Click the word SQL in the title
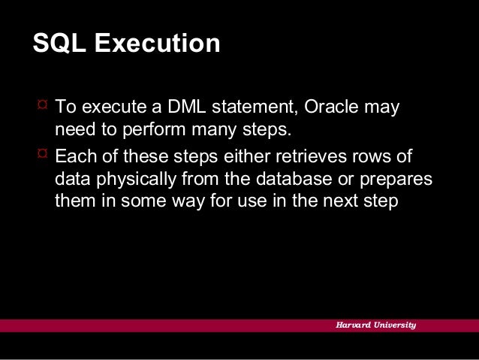pyautogui.click(x=57, y=44)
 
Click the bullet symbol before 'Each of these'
pyautogui.click(x=41, y=156)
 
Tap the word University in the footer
pyautogui.click(x=396, y=325)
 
